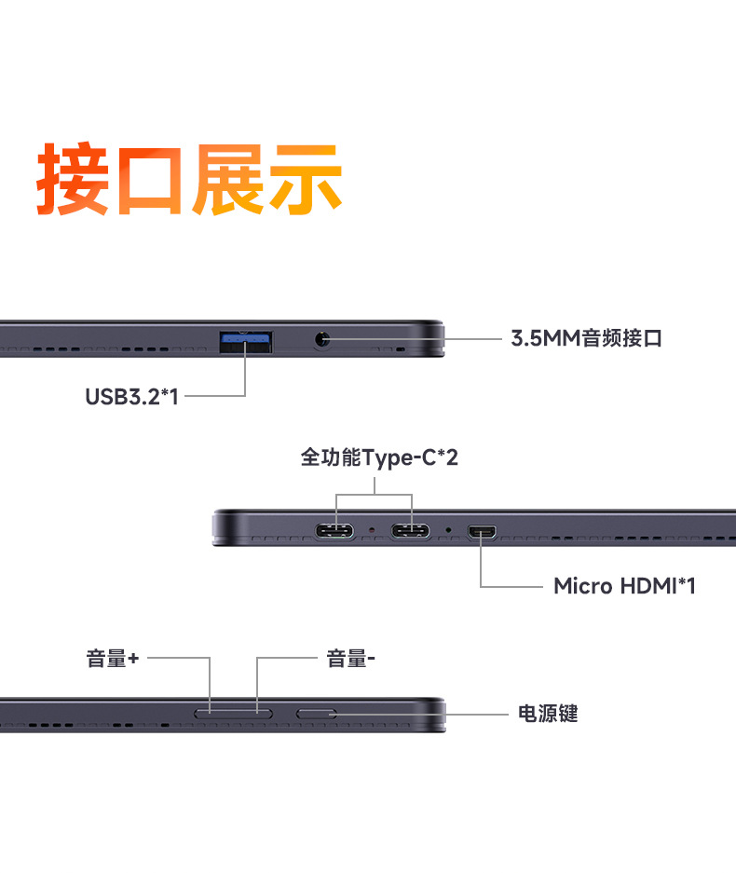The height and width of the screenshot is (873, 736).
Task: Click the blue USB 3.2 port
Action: coord(246,341)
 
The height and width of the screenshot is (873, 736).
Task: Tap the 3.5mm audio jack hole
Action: coord(321,338)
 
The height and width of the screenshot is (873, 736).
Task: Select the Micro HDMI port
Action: coord(483,532)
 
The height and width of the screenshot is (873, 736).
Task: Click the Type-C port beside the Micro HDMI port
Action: coord(410,530)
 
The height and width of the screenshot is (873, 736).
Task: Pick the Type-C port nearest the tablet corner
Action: coord(334,530)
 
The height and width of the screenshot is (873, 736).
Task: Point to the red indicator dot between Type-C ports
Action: coord(372,530)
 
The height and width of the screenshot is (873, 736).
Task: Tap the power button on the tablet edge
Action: coord(316,714)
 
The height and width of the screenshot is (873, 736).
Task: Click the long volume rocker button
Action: coord(233,713)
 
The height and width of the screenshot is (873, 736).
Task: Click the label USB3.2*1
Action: coord(132,397)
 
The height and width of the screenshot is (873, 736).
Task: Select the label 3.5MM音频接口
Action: coord(587,338)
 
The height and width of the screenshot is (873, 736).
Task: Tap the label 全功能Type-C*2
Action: coord(379,457)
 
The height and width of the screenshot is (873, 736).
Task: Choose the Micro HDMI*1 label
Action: coord(624,586)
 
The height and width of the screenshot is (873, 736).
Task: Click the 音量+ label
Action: coord(113,659)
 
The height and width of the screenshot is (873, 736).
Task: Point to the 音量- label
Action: coord(350,659)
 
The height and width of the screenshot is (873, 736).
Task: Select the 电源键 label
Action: coord(548,713)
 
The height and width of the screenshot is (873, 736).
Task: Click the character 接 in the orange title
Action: coord(73,178)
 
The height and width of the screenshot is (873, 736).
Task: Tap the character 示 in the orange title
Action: coord(305,178)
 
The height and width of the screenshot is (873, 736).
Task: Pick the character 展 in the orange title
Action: coord(227,178)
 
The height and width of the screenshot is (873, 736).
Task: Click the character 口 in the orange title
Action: coord(150,181)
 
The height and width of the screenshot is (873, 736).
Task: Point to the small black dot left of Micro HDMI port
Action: coord(448,530)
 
